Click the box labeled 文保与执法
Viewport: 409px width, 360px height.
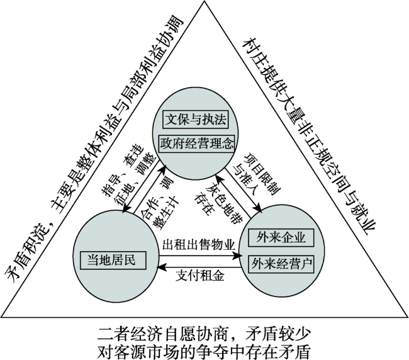coord(194,118)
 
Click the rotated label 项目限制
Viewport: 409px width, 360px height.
coord(250,165)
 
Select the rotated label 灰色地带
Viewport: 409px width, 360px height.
coord(222,192)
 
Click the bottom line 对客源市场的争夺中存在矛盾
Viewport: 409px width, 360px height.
coord(204,348)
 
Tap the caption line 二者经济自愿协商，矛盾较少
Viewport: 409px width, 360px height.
coord(204,331)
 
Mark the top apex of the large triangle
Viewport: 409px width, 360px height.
coord(204,4)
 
